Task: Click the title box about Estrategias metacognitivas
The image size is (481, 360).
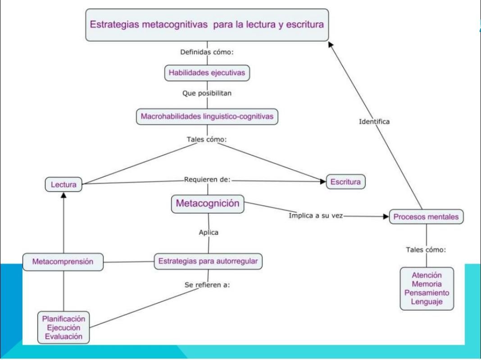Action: point(207,24)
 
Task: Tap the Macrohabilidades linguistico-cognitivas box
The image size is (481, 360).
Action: point(207,117)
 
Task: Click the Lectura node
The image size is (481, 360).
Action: point(63,184)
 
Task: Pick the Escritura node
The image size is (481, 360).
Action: point(346,182)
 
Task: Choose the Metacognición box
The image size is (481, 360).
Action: point(207,203)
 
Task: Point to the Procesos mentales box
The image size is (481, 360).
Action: point(426,216)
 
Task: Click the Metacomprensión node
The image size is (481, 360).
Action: point(63,261)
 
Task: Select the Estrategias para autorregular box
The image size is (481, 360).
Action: point(208,261)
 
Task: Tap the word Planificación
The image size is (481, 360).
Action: point(64,319)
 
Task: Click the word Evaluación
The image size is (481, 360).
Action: point(64,336)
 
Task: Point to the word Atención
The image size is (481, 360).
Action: point(427,275)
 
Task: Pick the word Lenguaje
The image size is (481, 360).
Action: point(427,301)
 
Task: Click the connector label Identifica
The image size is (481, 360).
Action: point(374,121)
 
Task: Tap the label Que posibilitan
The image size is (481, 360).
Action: point(207,94)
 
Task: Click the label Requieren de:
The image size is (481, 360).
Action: point(207,180)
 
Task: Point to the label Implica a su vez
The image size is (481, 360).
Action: point(316,216)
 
